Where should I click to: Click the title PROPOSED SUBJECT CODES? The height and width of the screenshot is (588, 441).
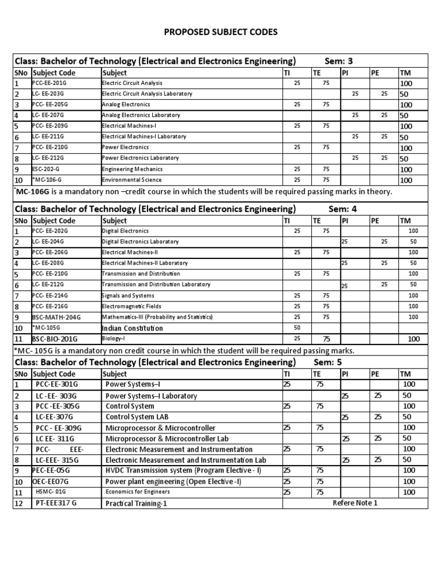coord(220,32)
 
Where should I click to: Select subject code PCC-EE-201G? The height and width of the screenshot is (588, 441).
coord(50,83)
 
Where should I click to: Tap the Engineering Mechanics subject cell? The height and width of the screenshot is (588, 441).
coord(132,169)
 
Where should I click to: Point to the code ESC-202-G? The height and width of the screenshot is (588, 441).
coord(49,169)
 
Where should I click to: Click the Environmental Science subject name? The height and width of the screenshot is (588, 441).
coord(131,180)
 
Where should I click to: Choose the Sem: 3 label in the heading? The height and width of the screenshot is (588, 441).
coord(340,61)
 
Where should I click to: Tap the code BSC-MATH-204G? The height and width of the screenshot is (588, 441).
coord(57,317)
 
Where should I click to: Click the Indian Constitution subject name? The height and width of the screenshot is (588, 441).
coord(132,328)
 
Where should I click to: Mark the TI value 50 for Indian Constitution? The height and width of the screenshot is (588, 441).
coord(297,327)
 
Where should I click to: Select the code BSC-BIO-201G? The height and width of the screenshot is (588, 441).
coord(55,339)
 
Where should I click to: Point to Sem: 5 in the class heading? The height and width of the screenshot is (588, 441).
coord(328,362)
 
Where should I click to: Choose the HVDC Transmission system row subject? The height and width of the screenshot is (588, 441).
coord(183,470)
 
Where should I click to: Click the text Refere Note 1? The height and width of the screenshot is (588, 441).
coord(355,503)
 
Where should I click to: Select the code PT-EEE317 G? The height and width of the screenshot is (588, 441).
coord(56,504)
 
